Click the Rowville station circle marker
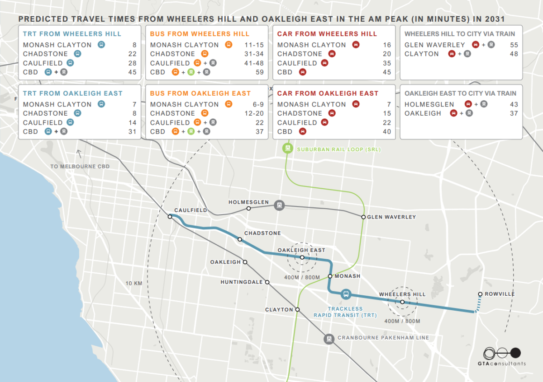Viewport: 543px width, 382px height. click(480, 294)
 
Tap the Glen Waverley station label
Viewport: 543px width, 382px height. click(391, 217)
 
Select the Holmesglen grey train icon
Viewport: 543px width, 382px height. click(280, 205)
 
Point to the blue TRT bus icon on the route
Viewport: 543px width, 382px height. click(346, 294)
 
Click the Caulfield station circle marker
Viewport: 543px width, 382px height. click(170, 217)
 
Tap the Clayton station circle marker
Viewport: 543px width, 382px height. click(298, 310)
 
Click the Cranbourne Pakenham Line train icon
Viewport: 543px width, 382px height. click(329, 338)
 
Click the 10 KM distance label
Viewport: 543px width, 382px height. click(134, 284)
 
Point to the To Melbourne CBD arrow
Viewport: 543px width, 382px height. click(80, 154)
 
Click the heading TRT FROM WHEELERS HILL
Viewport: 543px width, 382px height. click(72, 34)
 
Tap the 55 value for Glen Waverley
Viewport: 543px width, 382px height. click(514, 45)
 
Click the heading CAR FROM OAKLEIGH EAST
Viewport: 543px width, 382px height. click(328, 93)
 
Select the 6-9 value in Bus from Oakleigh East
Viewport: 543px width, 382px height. click(257, 104)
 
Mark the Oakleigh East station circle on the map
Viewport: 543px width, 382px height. click(302, 257)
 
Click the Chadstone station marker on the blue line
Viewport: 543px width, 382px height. click(240, 239)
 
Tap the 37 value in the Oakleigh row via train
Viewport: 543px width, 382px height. click(514, 113)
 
